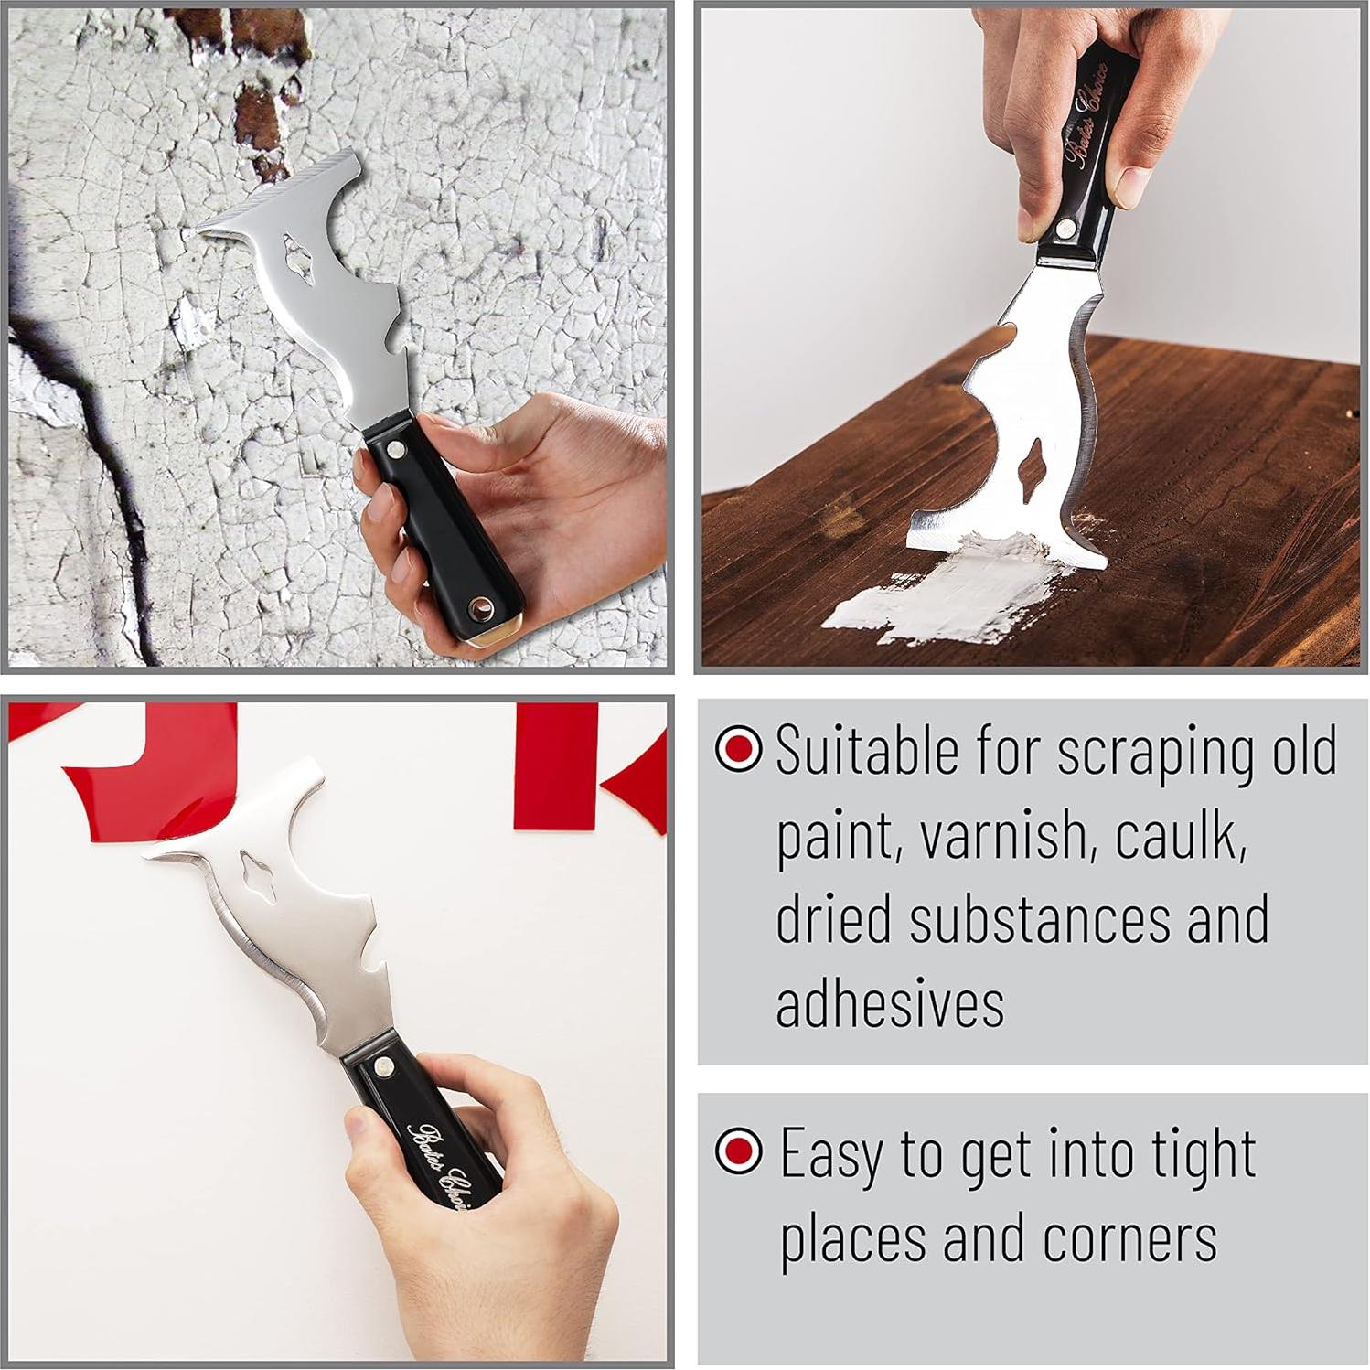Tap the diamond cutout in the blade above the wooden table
[1034, 461]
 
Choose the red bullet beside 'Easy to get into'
[738, 1150]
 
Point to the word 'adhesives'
[889, 1003]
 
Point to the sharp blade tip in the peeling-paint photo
[203, 230]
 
